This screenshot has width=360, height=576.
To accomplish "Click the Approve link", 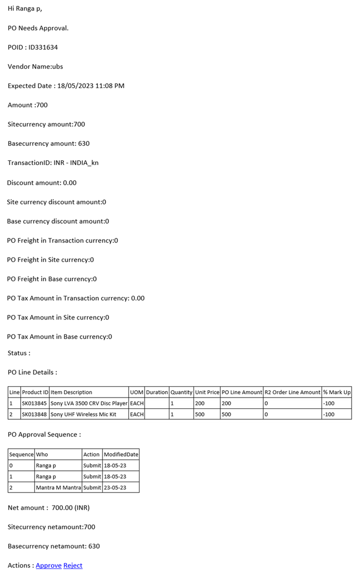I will pyautogui.click(x=49, y=565).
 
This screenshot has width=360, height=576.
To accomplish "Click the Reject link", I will pyautogui.click(x=73, y=565).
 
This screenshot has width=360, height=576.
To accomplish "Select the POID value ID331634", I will pyautogui.click(x=43, y=47).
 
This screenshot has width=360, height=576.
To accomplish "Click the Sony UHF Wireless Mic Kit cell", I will pyautogui.click(x=83, y=414).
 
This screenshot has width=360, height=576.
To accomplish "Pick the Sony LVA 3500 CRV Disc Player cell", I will pyautogui.click(x=89, y=403).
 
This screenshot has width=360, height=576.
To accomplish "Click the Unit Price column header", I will pyautogui.click(x=207, y=392).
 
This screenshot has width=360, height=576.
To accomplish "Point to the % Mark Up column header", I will pyautogui.click(x=337, y=392).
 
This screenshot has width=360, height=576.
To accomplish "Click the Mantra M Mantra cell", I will pyautogui.click(x=58, y=487).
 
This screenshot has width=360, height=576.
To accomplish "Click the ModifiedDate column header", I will pyautogui.click(x=121, y=454).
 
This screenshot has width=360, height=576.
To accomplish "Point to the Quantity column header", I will pyautogui.click(x=181, y=392).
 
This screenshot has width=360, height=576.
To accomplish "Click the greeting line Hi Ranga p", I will pyautogui.click(x=25, y=9).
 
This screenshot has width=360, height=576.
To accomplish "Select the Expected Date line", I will pyautogui.click(x=66, y=85).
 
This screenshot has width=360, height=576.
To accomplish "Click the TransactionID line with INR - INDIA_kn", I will pyautogui.click(x=53, y=163).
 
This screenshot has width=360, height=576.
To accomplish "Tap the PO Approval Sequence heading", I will pyautogui.click(x=44, y=435).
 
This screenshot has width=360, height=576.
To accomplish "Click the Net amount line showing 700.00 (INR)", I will pyautogui.click(x=49, y=508).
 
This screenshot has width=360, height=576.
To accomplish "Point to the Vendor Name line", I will pyautogui.click(x=36, y=67).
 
